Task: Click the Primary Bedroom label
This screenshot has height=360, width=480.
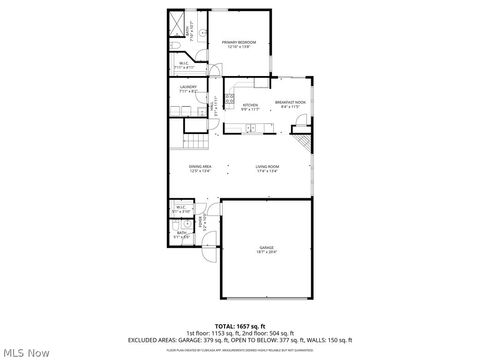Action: [x=240, y=42]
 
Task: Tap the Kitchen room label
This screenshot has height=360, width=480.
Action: [x=250, y=104]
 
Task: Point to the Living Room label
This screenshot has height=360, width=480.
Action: [x=267, y=166]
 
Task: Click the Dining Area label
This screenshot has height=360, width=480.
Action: [x=201, y=166]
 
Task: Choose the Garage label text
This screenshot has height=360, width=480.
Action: [x=267, y=247]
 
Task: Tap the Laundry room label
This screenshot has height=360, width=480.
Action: [x=187, y=88]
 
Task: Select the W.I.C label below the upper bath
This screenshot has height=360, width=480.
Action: [x=184, y=65]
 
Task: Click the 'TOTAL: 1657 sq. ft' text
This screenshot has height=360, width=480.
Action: [x=240, y=326]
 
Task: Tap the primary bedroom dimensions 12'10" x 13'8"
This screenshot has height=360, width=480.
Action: [x=240, y=47]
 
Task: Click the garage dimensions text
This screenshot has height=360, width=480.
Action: [x=267, y=252]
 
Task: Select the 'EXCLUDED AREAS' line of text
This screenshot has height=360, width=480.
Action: [x=240, y=339]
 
